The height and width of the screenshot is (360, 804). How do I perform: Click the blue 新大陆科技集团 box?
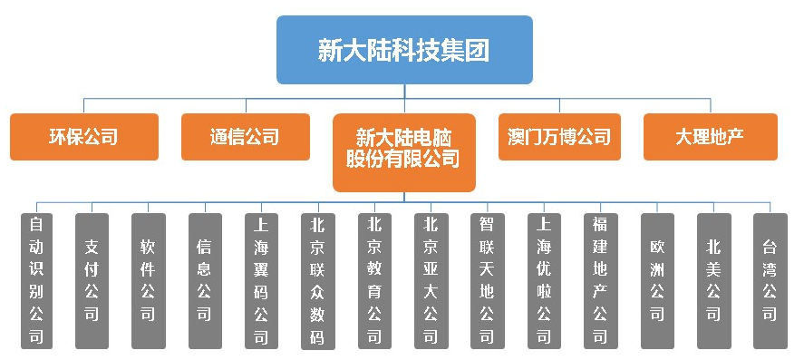point(404,50)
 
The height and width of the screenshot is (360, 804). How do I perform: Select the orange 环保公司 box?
point(84,137)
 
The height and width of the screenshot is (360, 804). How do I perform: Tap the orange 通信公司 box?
point(244,137)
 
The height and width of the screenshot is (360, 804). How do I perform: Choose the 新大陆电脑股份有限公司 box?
point(404,150)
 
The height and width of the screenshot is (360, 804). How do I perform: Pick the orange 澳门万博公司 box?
point(559,137)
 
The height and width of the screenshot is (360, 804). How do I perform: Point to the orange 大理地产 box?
point(710,137)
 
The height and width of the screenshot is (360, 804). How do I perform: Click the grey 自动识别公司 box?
point(35,281)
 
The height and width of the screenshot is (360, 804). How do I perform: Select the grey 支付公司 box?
point(92,281)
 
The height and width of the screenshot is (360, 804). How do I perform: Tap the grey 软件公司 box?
point(149,281)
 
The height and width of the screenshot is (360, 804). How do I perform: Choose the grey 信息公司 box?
point(205,281)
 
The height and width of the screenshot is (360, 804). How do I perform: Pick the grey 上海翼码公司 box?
point(261,281)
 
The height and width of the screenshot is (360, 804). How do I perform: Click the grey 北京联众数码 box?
point(318,281)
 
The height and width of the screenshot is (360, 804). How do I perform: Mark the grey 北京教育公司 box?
point(374,281)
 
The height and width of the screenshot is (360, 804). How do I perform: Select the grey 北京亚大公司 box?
point(431,281)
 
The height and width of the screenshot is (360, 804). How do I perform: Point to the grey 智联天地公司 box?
point(488,281)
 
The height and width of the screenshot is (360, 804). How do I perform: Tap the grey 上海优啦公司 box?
point(544,281)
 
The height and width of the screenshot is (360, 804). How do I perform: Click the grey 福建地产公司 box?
point(600,281)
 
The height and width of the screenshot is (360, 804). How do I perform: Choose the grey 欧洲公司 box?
point(657,281)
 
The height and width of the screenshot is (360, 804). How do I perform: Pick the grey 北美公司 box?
point(713,281)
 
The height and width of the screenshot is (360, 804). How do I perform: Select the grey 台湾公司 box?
point(770,281)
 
